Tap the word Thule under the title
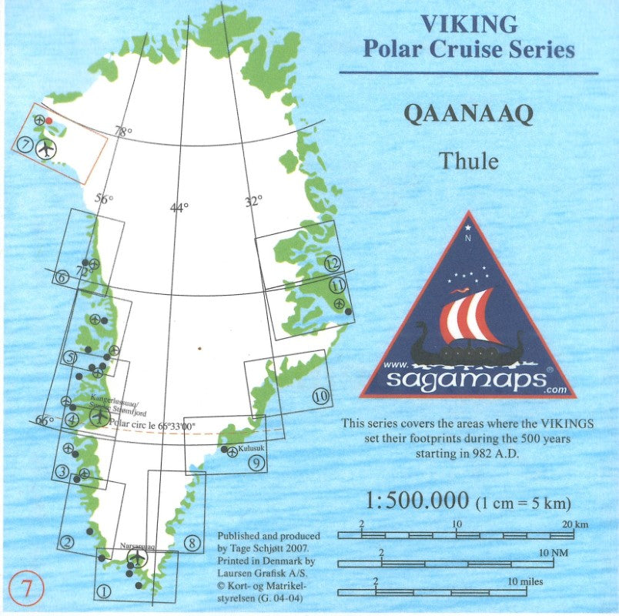coord(468,162)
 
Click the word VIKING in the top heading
coord(468,23)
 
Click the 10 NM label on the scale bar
coord(554,553)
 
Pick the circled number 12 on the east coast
coord(332,263)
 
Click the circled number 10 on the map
coord(321,397)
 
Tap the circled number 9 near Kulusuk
coord(257,464)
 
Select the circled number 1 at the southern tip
coord(105,591)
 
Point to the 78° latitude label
coord(122,132)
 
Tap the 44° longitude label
coord(179,207)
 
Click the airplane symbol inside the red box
coord(46,148)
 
